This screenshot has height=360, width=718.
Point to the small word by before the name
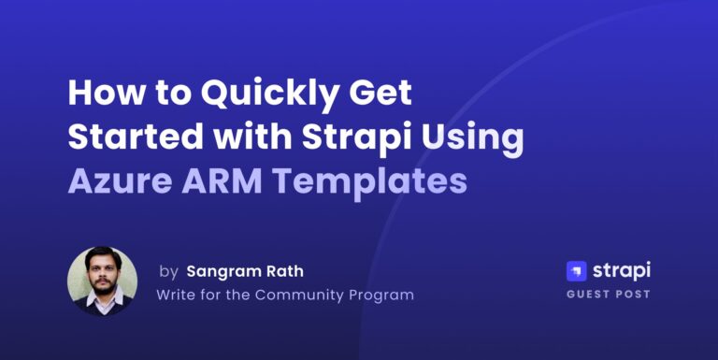pos(168,271)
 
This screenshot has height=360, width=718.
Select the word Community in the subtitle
pos(301,295)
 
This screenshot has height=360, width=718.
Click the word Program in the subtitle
pos(381,295)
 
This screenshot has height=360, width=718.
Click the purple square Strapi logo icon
pos(577,271)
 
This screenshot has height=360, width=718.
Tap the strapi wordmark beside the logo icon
pos(622,271)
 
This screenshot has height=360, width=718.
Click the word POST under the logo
pos(635,295)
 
